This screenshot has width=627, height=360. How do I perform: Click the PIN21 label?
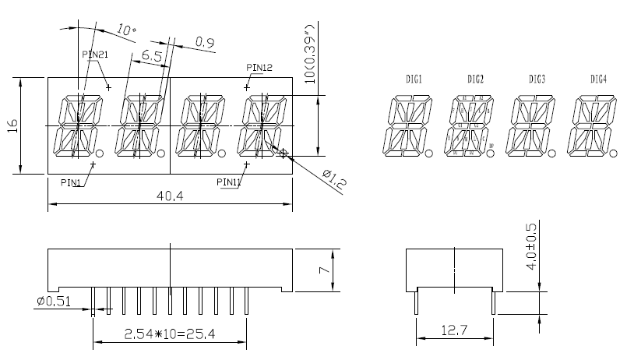95,54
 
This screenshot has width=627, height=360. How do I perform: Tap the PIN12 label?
259,68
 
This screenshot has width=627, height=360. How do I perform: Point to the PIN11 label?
229,182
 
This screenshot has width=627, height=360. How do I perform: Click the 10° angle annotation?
125,30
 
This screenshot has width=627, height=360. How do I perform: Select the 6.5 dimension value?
152,56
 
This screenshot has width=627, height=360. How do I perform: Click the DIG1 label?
414,79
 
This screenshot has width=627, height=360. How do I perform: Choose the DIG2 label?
476,79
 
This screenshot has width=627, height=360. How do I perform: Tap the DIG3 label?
537,79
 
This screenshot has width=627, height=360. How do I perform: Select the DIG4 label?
598,79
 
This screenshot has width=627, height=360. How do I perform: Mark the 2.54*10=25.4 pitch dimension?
169,334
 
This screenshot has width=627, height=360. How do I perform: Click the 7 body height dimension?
328,270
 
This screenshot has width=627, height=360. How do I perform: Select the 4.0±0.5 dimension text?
531,245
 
